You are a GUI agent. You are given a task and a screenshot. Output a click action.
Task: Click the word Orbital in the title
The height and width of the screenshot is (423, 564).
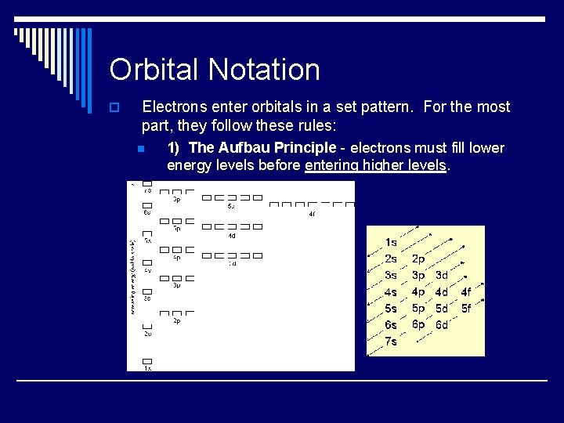pyautogui.click(x=154, y=70)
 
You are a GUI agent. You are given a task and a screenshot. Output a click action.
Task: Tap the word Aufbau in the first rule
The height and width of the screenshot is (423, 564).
pyautogui.click(x=244, y=148)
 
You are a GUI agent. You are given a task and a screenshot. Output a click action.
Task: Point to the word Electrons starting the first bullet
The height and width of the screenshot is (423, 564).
pyautogui.click(x=175, y=107)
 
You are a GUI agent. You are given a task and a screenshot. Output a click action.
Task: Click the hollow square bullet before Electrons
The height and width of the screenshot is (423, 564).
pyautogui.click(x=114, y=107)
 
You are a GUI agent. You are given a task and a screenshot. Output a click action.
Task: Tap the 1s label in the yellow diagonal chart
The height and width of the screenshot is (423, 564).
pyautogui.click(x=391, y=243)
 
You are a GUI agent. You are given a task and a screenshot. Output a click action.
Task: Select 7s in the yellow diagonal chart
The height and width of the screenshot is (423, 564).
pyautogui.click(x=391, y=342)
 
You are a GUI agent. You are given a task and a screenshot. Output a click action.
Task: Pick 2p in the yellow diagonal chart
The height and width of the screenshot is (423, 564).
pyautogui.click(x=418, y=258)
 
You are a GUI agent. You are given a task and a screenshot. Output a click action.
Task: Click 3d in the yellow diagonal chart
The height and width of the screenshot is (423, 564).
pyautogui.click(x=442, y=275)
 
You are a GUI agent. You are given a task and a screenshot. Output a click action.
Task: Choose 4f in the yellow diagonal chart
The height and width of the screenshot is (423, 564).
pyautogui.click(x=466, y=292)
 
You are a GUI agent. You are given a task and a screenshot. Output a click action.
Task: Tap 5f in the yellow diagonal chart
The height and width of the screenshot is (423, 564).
pyautogui.click(x=466, y=308)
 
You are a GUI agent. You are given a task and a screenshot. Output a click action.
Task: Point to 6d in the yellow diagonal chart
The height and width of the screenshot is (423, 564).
pyautogui.click(x=442, y=324)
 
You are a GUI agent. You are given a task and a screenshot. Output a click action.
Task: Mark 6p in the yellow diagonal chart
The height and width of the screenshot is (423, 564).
pyautogui.click(x=418, y=324)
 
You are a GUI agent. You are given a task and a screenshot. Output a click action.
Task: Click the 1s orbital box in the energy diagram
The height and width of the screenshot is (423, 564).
pyautogui.click(x=146, y=360)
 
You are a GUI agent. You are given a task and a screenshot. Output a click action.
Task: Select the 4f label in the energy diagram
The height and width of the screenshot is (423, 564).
pyautogui.click(x=312, y=214)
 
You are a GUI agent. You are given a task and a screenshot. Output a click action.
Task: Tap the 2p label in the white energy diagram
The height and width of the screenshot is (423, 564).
pyautogui.click(x=177, y=321)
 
